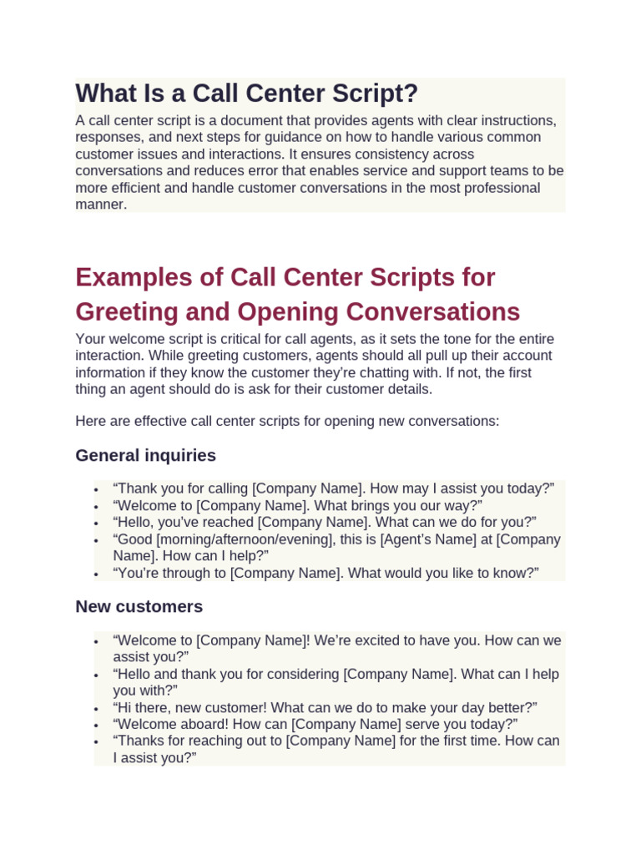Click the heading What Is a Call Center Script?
246,94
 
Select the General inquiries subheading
145,455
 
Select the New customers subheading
139,606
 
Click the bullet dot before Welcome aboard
97,725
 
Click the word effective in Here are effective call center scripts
153,422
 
